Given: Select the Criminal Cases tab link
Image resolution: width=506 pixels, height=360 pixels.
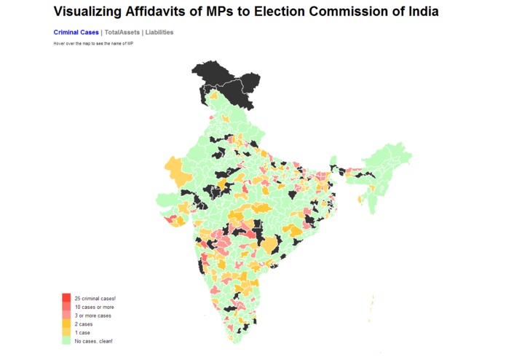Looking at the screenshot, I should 76,33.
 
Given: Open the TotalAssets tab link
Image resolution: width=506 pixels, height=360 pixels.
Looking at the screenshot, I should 122,33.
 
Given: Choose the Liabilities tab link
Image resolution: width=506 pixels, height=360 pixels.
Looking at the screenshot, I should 159,33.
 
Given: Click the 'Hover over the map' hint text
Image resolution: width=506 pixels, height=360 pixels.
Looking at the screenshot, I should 93,44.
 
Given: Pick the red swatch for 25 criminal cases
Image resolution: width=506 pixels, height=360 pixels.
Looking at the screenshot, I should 66,298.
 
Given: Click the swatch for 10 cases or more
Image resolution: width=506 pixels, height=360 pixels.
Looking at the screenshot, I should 66,307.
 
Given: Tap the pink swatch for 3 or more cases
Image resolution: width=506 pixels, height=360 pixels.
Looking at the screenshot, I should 66,316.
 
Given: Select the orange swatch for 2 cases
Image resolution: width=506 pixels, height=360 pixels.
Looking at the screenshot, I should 66,324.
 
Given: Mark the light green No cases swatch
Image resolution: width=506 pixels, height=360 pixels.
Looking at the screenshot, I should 66,340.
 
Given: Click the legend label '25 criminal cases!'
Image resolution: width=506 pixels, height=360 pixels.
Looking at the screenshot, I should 95,299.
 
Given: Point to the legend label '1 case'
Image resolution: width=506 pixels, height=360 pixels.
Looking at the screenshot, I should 82,332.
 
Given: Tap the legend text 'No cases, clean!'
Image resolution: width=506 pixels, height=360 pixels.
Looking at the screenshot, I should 93,341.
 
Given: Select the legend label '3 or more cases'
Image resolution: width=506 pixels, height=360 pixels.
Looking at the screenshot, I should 93,316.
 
